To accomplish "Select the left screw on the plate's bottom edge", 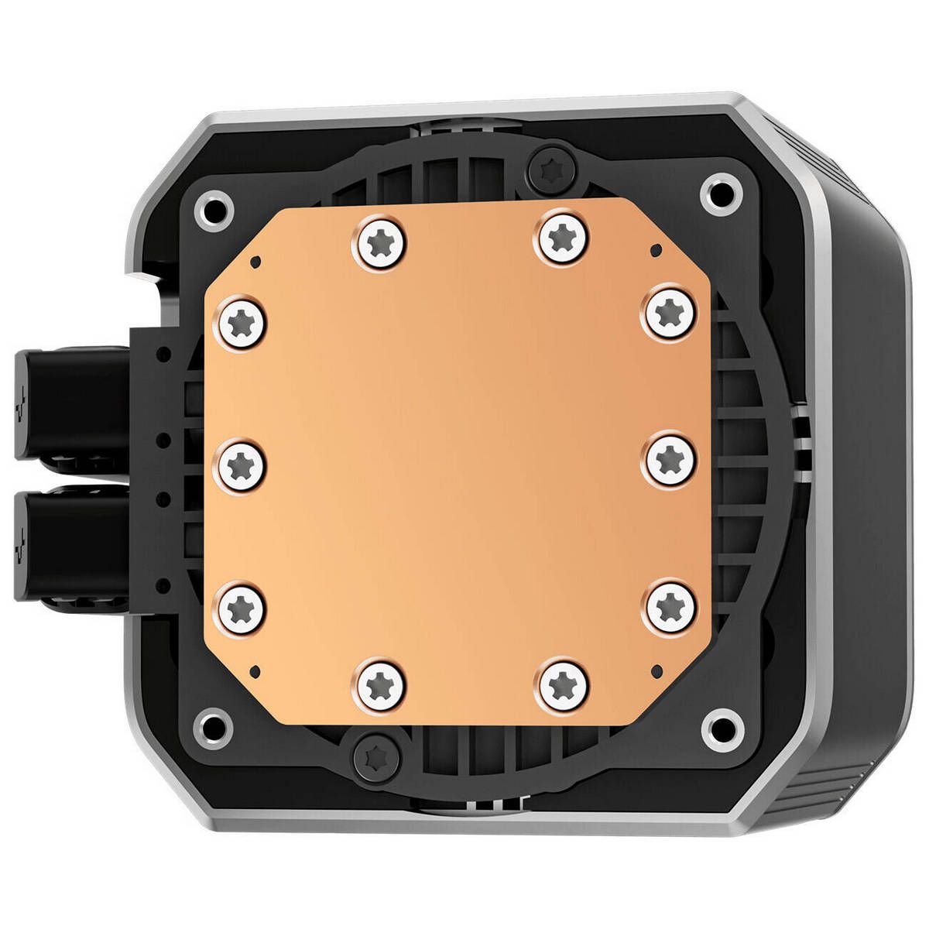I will (x=379, y=684).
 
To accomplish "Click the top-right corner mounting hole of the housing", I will (x=722, y=194).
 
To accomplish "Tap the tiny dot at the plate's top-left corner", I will (x=259, y=262).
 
